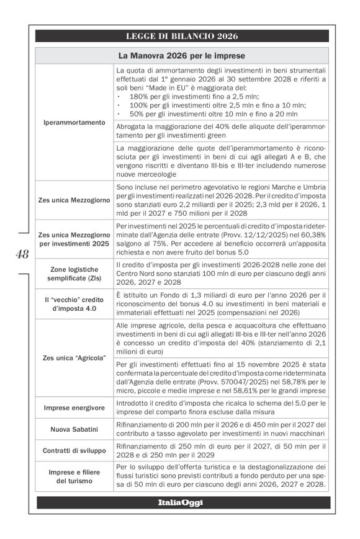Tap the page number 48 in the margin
click(22, 254)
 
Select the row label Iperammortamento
click(74, 122)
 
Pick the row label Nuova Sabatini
click(74, 429)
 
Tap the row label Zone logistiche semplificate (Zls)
click(74, 275)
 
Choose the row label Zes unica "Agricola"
click(74, 359)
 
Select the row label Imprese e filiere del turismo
click(74, 476)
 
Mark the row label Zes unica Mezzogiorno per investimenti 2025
click(74, 240)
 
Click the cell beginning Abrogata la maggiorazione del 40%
click(220, 130)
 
